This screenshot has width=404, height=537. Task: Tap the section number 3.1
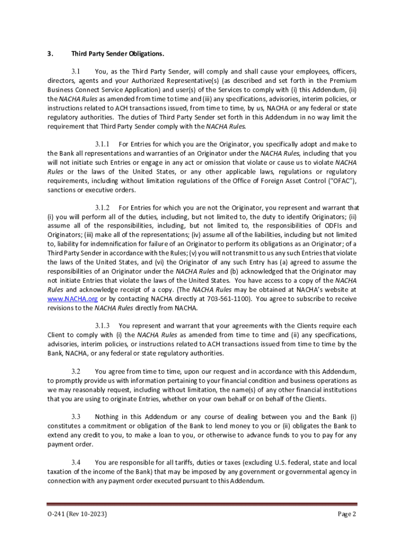75,71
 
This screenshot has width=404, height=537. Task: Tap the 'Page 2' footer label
346,514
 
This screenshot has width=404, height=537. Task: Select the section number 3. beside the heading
50,54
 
